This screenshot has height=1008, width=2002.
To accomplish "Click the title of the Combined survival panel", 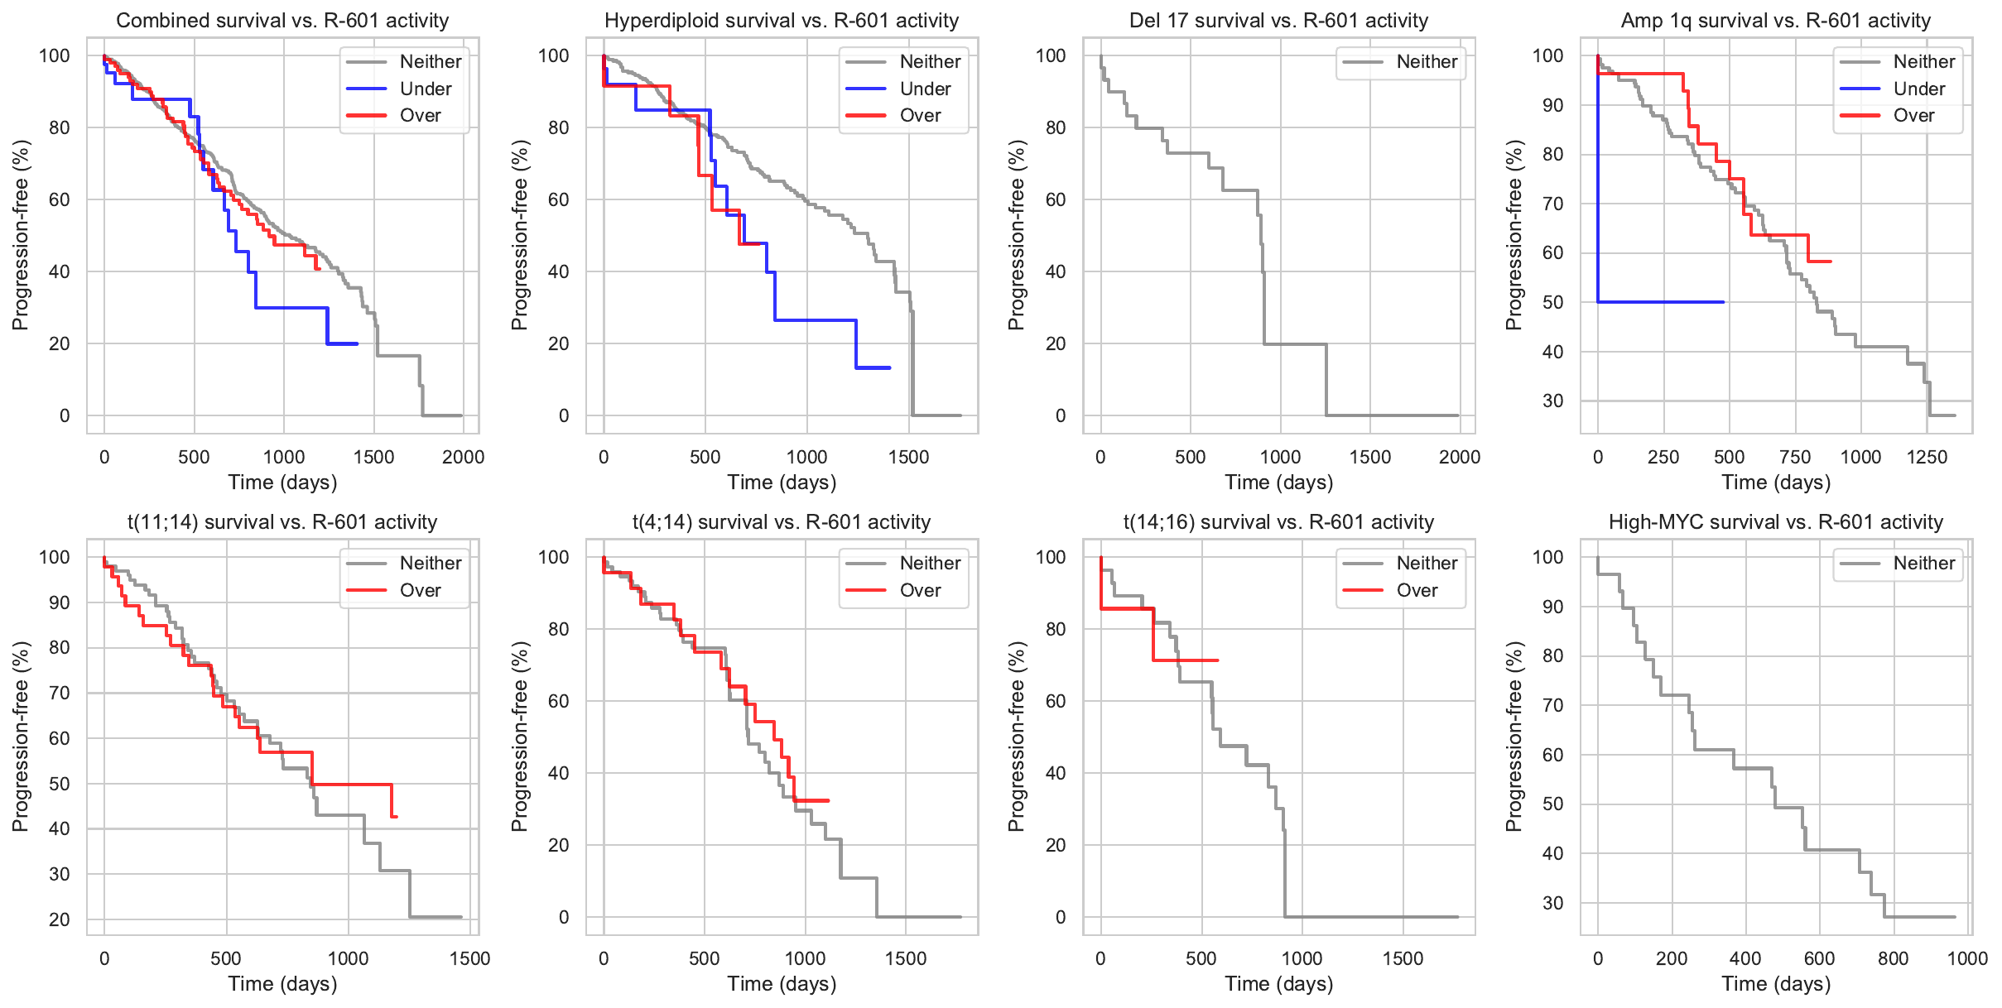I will tap(282, 20).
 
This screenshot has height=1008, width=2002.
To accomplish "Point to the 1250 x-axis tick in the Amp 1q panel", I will tap(1927, 457).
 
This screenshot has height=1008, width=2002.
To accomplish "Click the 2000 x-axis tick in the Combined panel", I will tap(463, 457).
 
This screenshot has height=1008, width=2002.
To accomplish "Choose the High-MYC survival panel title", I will tap(1775, 521).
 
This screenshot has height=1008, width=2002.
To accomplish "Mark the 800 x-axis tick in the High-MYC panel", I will tap(1893, 958).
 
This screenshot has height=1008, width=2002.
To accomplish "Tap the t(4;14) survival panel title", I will tap(782, 521).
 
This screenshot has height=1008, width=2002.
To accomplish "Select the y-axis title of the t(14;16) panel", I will tap(1017, 736).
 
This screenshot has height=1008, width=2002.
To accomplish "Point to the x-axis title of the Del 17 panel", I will tap(1278, 482).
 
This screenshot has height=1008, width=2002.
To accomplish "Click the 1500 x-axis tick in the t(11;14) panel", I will tap(469, 958).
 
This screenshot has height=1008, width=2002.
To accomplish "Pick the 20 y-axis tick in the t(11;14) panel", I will tap(60, 919).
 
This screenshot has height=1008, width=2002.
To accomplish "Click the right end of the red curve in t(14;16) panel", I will tap(1217, 660).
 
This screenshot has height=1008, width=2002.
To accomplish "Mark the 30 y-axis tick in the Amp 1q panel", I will tap(1552, 401).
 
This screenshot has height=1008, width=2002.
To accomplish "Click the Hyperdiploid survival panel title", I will tap(782, 20).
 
